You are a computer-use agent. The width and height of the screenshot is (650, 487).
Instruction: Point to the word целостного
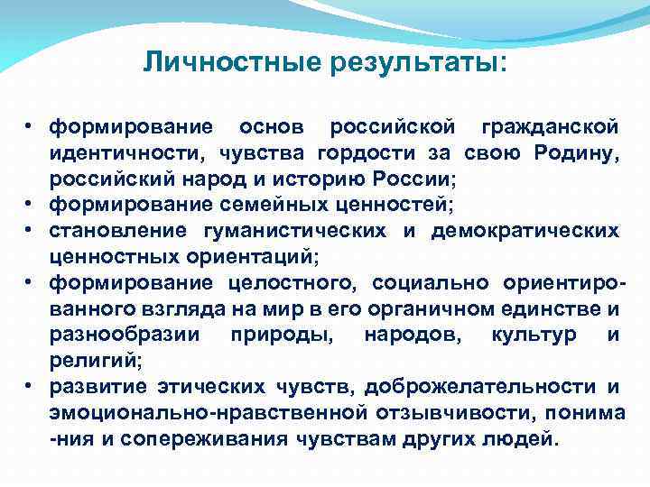point(291,284)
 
